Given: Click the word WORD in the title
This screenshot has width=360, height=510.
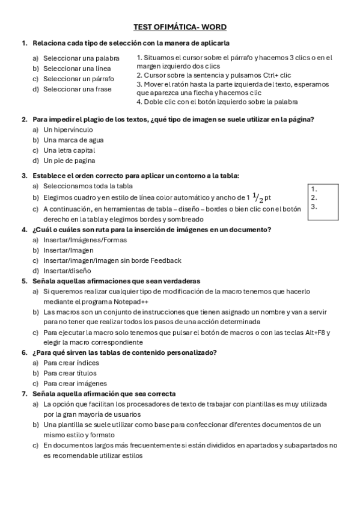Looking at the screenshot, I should point(214,27).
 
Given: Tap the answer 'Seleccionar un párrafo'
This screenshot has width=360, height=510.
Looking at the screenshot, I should point(79,79).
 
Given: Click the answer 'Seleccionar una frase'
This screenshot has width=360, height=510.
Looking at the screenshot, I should point(77,89).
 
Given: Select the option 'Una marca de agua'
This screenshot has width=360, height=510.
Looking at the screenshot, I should point(69,140).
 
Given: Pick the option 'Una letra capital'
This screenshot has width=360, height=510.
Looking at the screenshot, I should point(69,150).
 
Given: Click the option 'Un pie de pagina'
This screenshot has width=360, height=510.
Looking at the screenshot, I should point(69,161).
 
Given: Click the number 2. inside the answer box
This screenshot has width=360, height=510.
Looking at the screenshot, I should point(314,197).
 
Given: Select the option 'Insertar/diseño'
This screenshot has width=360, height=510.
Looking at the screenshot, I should point(67,271).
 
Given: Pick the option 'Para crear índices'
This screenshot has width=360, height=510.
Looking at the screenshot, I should point(71,363).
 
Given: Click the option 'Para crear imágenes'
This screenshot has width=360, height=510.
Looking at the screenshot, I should point(75,383).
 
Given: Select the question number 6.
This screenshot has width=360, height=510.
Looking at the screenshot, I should point(25,352).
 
